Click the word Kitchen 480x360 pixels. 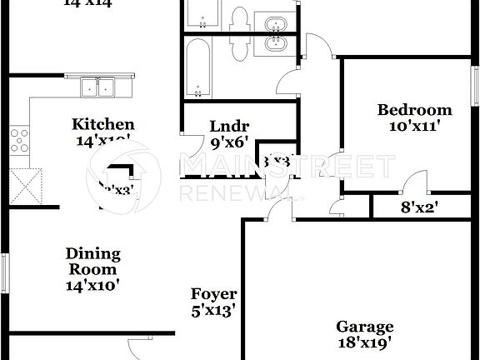click(102, 125)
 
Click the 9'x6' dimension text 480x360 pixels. click(229, 142)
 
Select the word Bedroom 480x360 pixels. click(414, 110)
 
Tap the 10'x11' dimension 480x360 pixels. click(414, 127)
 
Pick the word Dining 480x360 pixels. click(93, 253)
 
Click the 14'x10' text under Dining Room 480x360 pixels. click(93, 285)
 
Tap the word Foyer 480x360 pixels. click(213, 294)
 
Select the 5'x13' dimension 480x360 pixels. click(213, 311)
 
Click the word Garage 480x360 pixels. click(364, 327)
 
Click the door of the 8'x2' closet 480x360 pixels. click(410, 186)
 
